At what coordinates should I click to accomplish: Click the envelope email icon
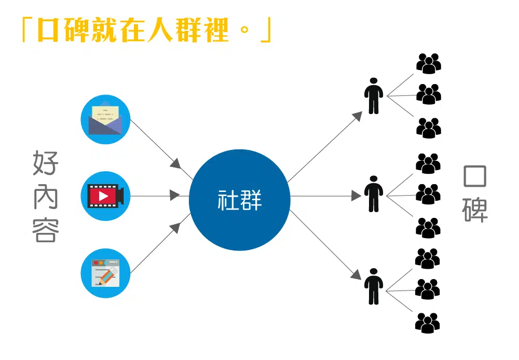coord(105,119)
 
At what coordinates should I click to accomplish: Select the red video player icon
coord(105,196)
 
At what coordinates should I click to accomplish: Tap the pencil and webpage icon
coord(105,273)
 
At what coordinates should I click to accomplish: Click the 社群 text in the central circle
coord(239,200)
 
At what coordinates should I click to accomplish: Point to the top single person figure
coord(373,96)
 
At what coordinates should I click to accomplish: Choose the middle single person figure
coord(373,194)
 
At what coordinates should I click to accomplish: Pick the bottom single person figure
coord(373,286)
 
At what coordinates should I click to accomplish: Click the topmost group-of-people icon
coord(428,63)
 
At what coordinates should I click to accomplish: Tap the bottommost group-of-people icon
coord(428,323)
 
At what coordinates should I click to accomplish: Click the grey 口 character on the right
coord(475,177)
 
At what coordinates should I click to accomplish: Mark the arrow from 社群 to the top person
coord(324,147)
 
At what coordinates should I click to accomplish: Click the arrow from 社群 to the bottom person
coord(324,244)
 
